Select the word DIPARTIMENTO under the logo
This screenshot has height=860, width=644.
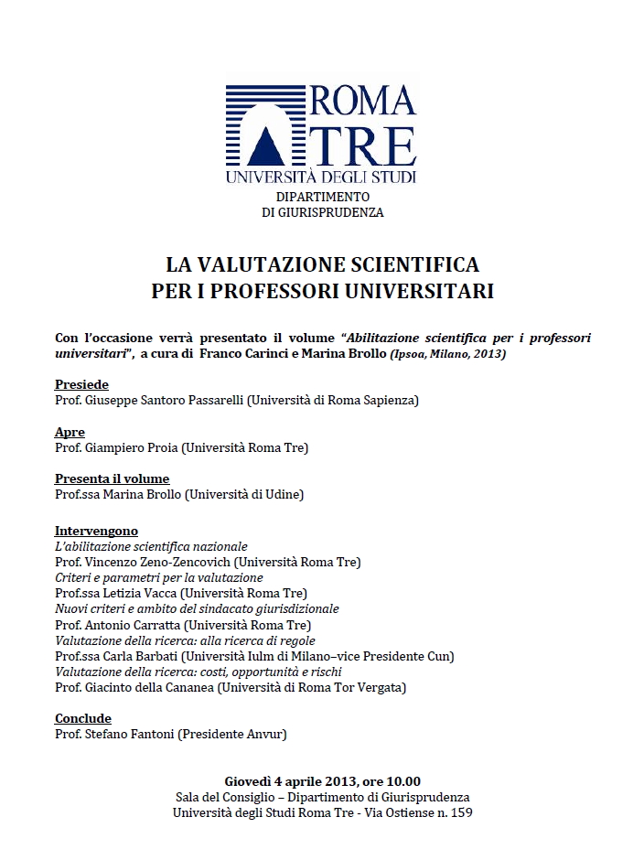point(322,197)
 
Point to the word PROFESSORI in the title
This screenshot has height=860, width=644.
point(312,292)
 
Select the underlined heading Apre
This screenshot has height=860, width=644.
point(70,433)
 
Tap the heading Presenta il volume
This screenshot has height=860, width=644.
point(112,479)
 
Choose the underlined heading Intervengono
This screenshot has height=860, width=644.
point(96,532)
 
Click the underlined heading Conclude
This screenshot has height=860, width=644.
point(82,719)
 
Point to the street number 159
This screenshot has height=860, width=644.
point(461,812)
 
